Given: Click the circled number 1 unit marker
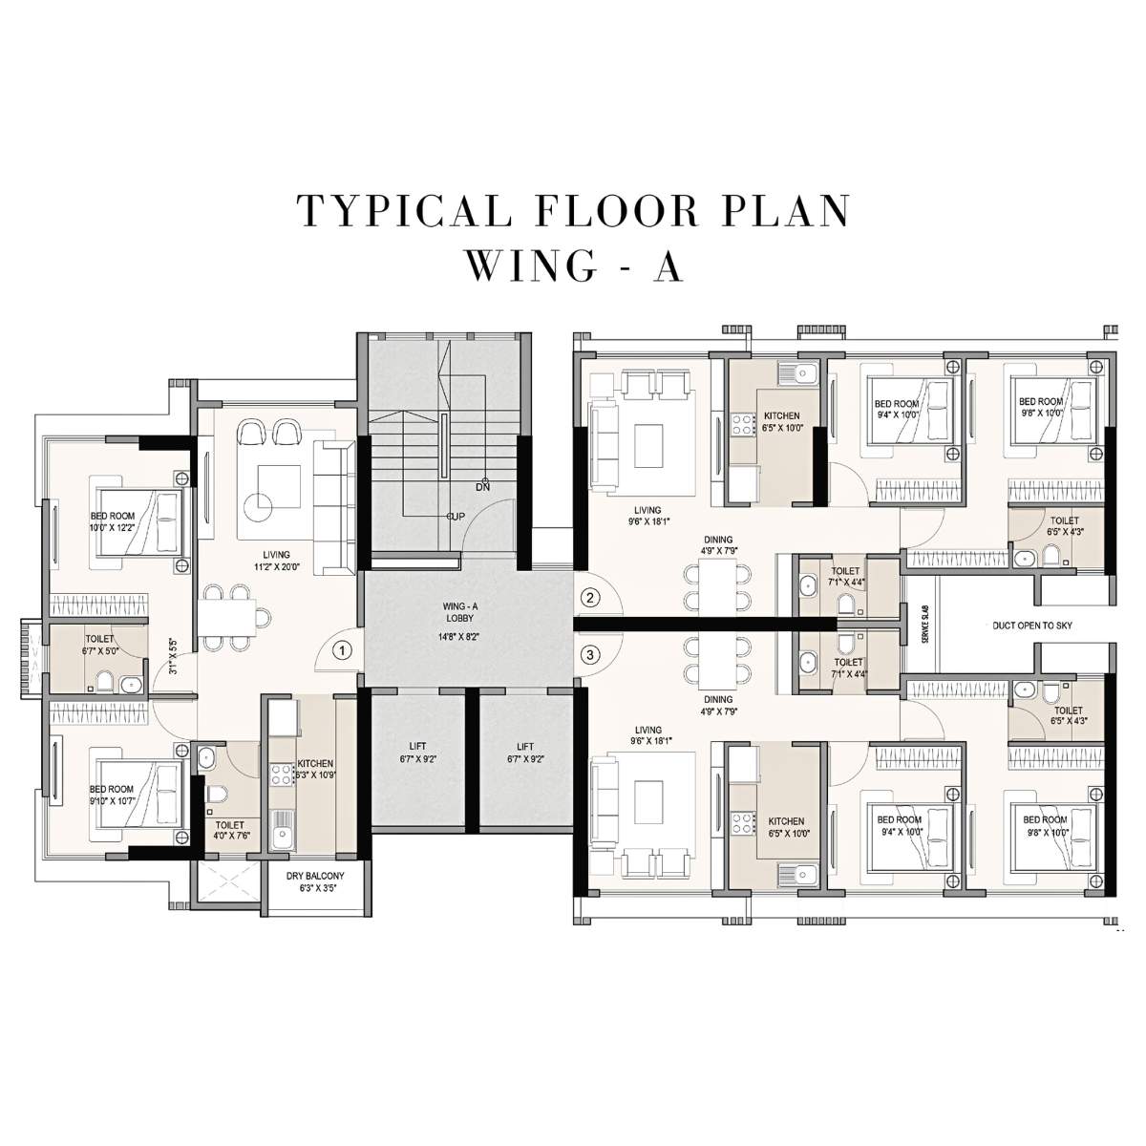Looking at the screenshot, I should coord(343,649).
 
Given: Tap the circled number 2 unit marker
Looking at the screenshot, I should coord(591,599).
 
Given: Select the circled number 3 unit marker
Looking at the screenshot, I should coord(591,655).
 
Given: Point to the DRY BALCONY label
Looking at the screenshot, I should coord(314,881).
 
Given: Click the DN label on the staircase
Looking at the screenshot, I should coord(483,486).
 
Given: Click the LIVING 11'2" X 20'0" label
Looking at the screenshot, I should coord(277,561).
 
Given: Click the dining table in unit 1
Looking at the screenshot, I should coord(229,616).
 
